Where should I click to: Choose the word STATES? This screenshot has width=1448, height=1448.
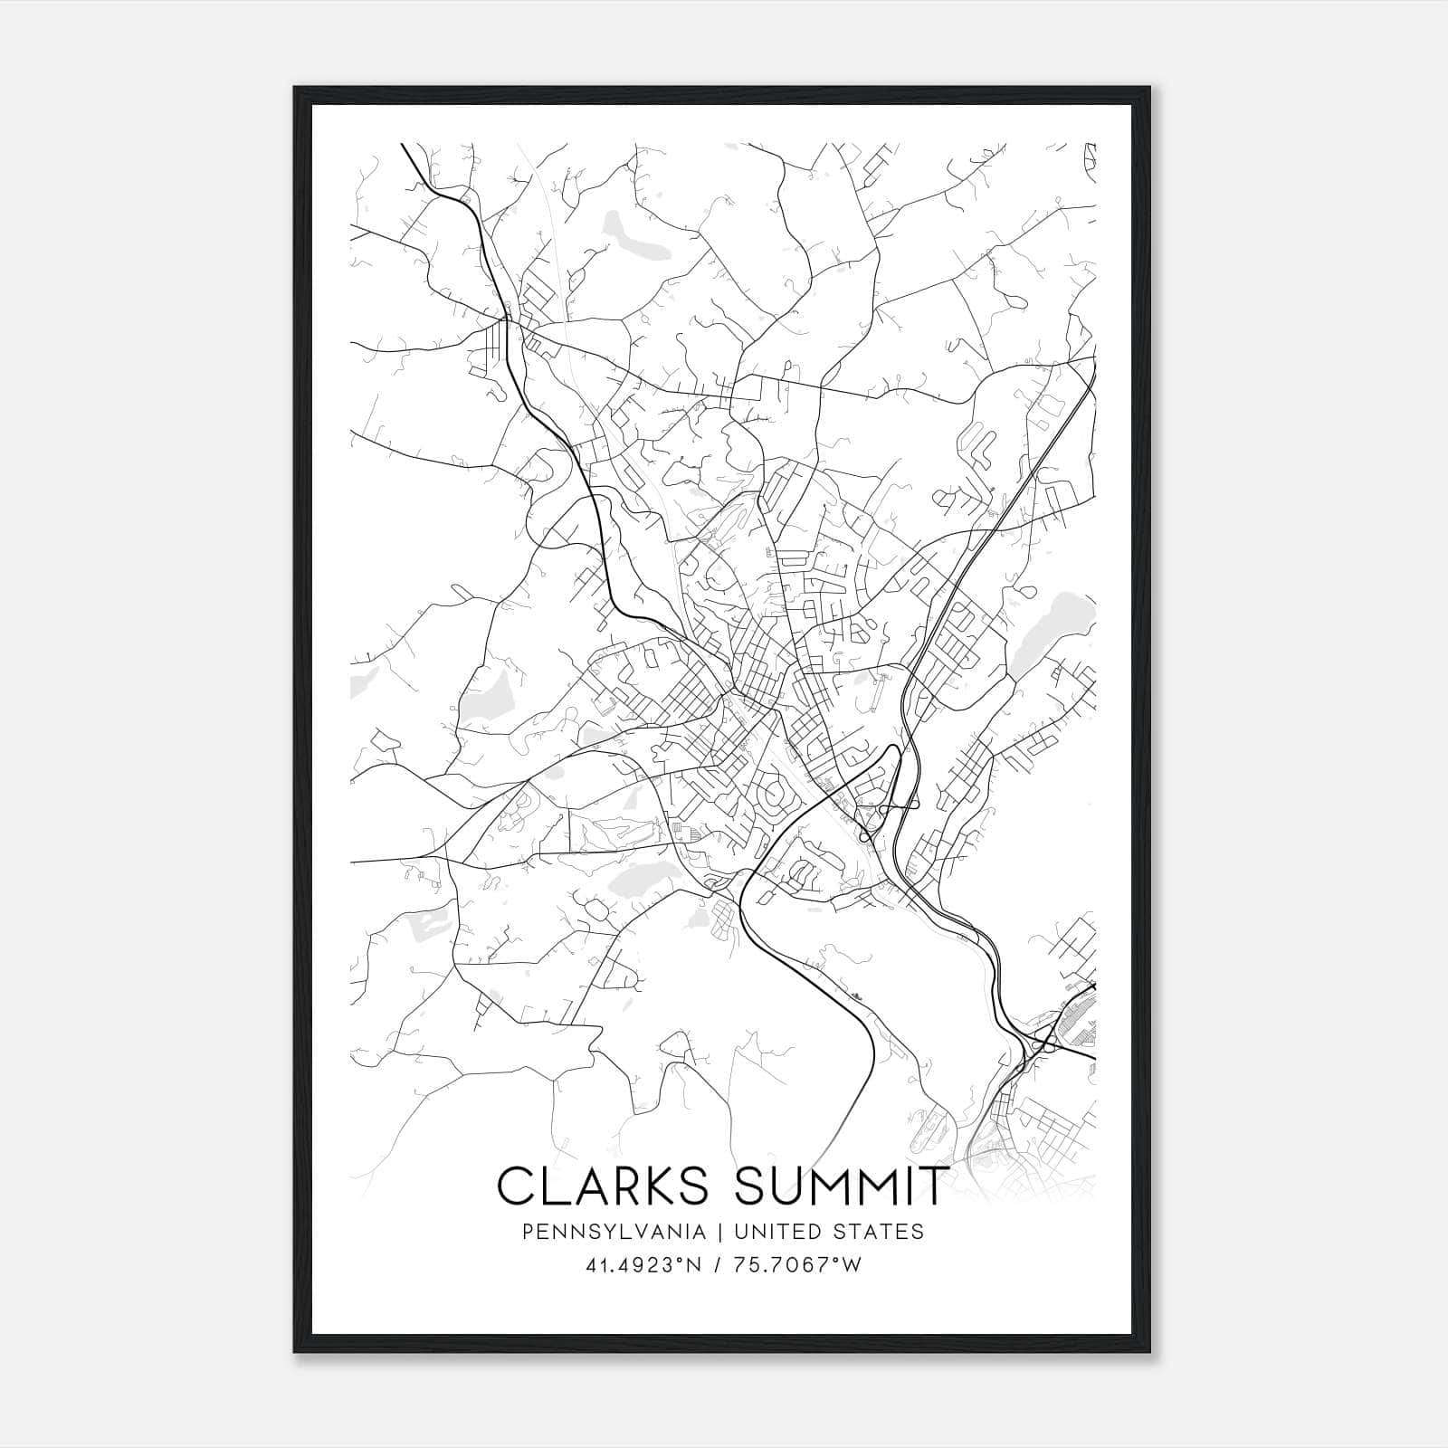(x=885, y=1232)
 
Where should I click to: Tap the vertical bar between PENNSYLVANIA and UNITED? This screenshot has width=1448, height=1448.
(x=720, y=1232)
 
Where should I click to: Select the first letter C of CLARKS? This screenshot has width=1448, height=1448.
(x=516, y=1186)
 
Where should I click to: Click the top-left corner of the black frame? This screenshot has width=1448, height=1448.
(x=295, y=88)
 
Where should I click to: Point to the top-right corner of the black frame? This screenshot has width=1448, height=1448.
(x=1151, y=88)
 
